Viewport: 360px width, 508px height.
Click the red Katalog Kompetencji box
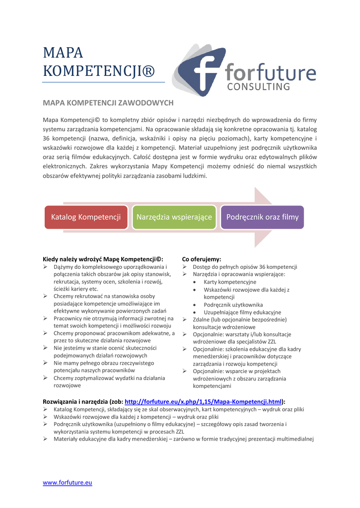pyautogui.click(x=86, y=217)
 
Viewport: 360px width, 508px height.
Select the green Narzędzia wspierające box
pyautogui.click(x=174, y=217)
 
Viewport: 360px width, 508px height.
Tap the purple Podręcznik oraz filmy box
pyautogui.click(x=262, y=217)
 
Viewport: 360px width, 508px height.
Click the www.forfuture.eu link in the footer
pyautogui.click(x=68, y=482)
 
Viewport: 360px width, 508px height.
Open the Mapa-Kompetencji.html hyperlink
pyautogui.click(x=204, y=402)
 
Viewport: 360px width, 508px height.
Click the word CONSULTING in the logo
pyautogui.click(x=262, y=87)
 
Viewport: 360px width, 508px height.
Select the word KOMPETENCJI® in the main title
pyautogui.click(x=99, y=71)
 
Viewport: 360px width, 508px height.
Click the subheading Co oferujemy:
pyautogui.click(x=202, y=259)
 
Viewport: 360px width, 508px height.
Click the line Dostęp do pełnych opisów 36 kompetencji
pyautogui.click(x=245, y=266)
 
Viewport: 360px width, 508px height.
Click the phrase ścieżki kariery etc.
pyautogui.click(x=76, y=289)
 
